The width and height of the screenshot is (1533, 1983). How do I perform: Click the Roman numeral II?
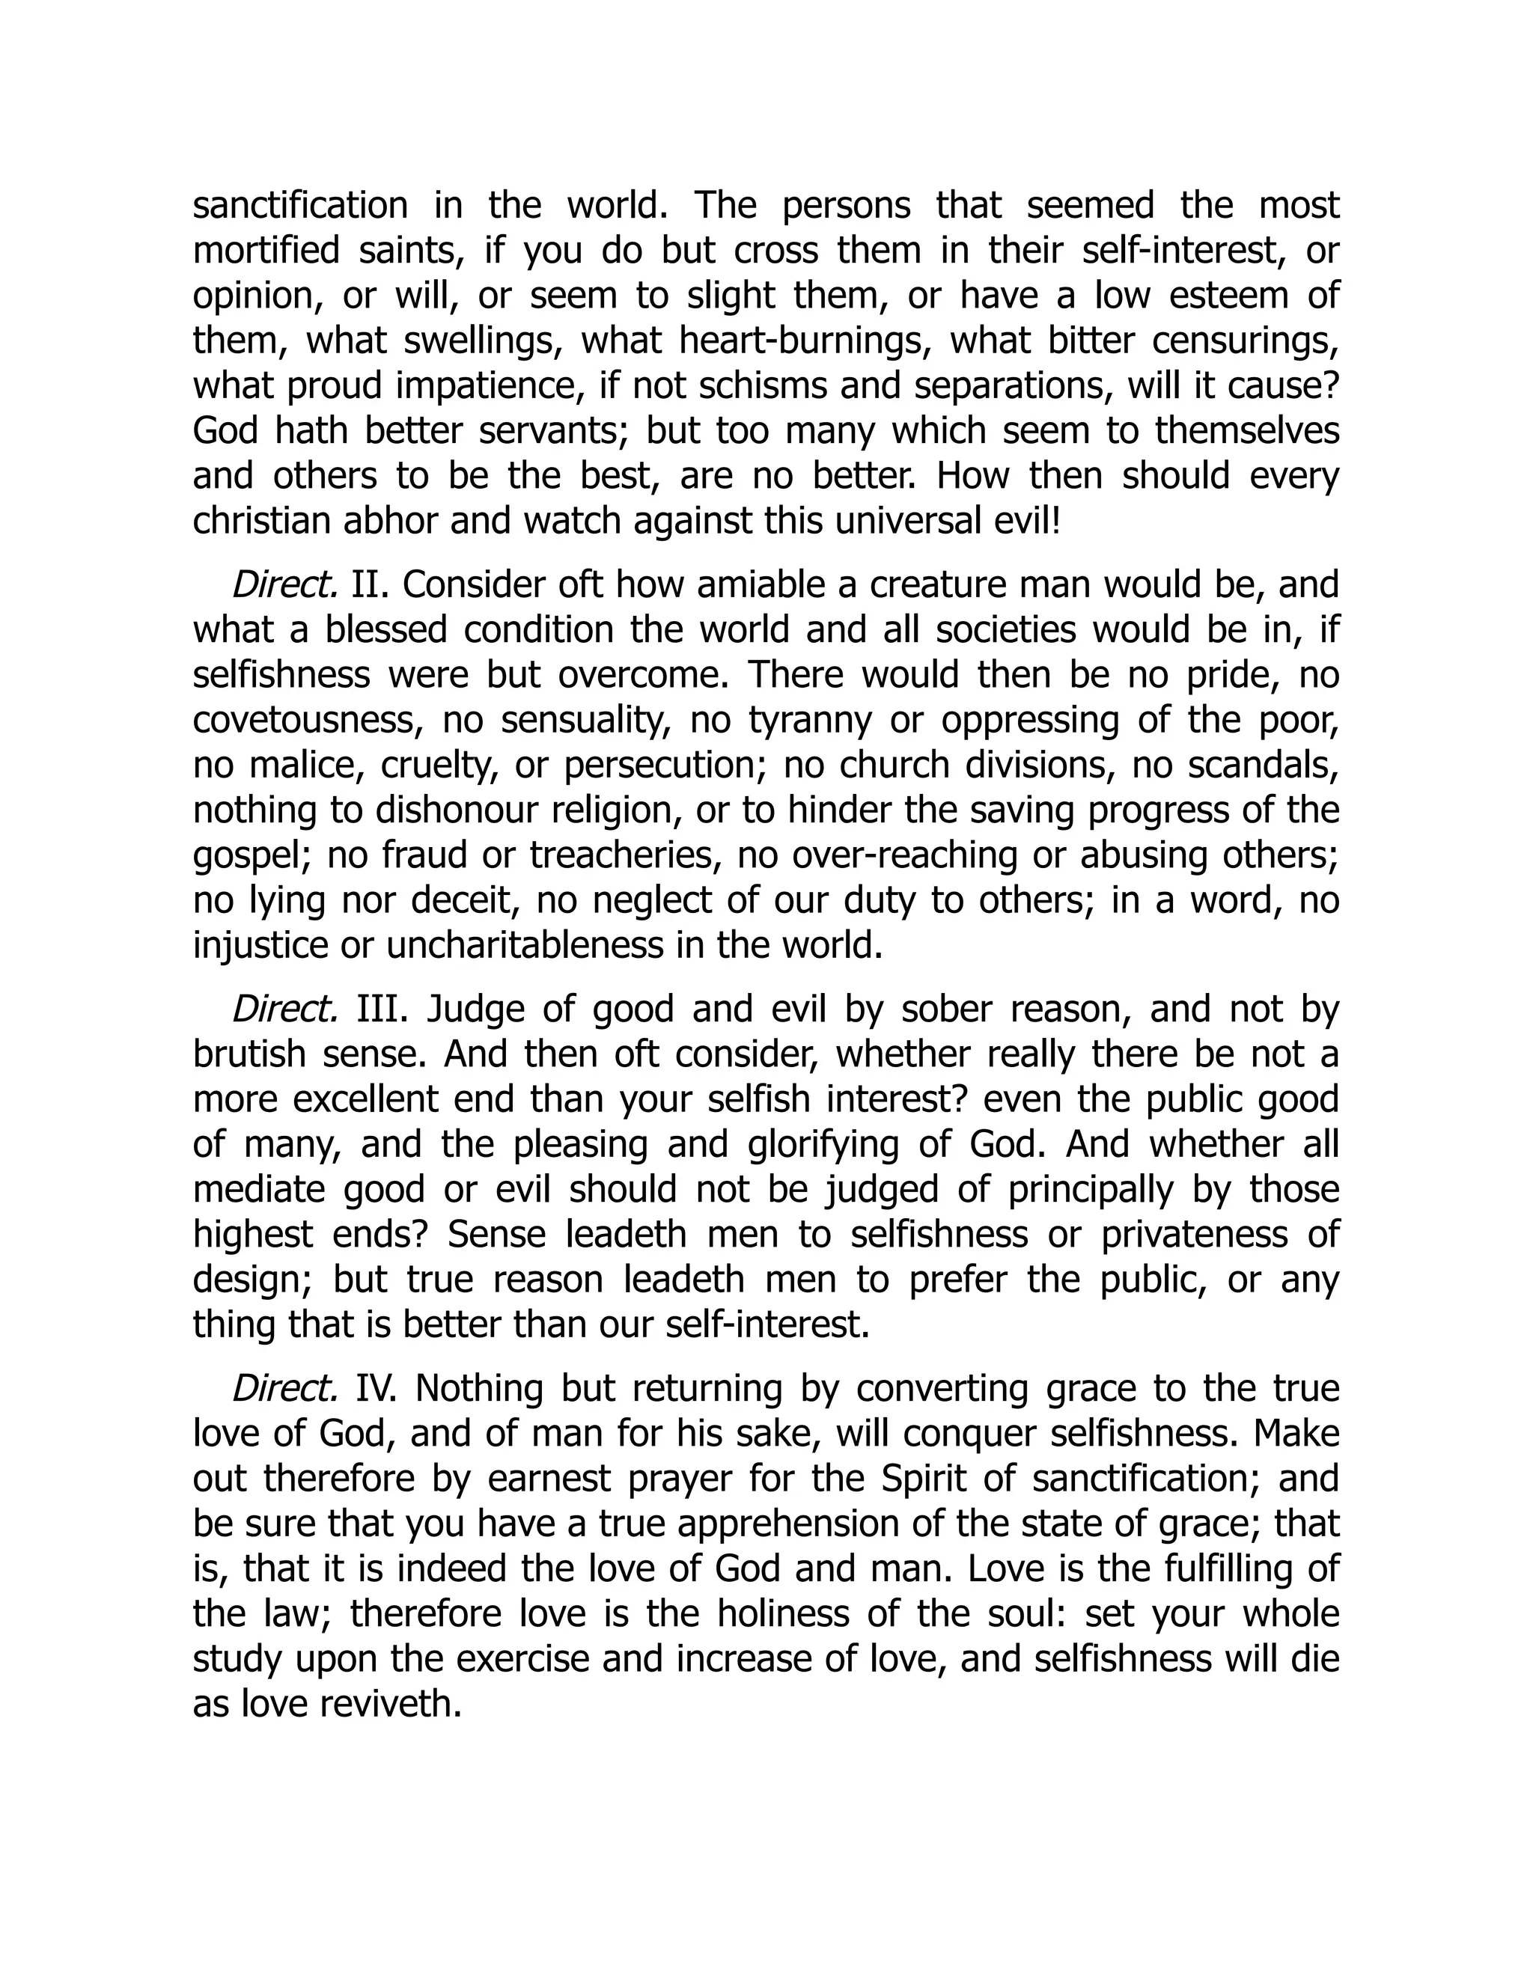[x=370, y=584]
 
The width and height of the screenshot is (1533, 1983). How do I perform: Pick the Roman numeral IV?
[x=375, y=1388]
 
